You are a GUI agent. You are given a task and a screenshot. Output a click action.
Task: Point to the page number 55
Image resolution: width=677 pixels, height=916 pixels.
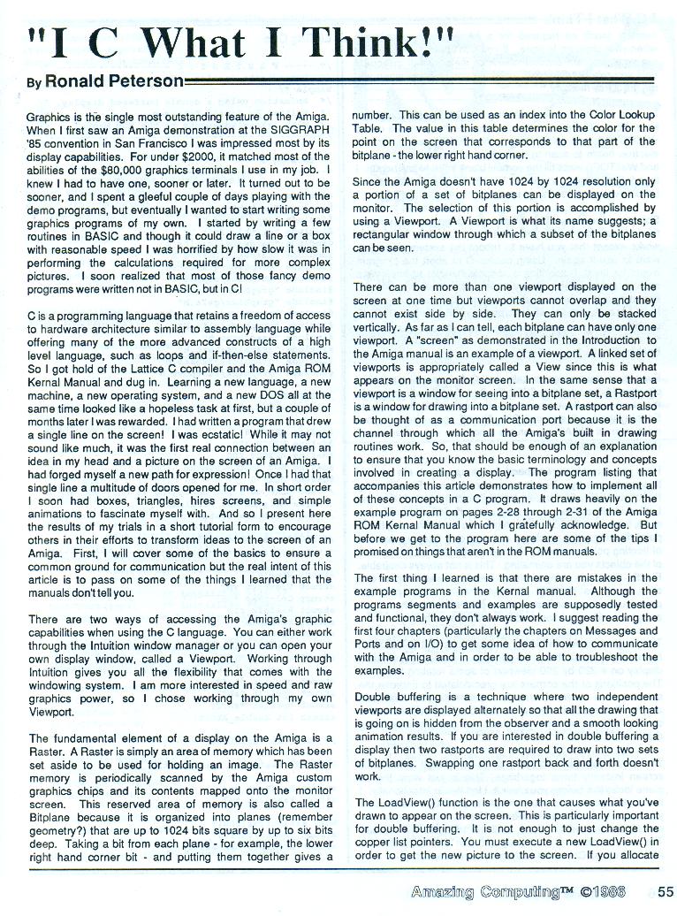666,891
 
